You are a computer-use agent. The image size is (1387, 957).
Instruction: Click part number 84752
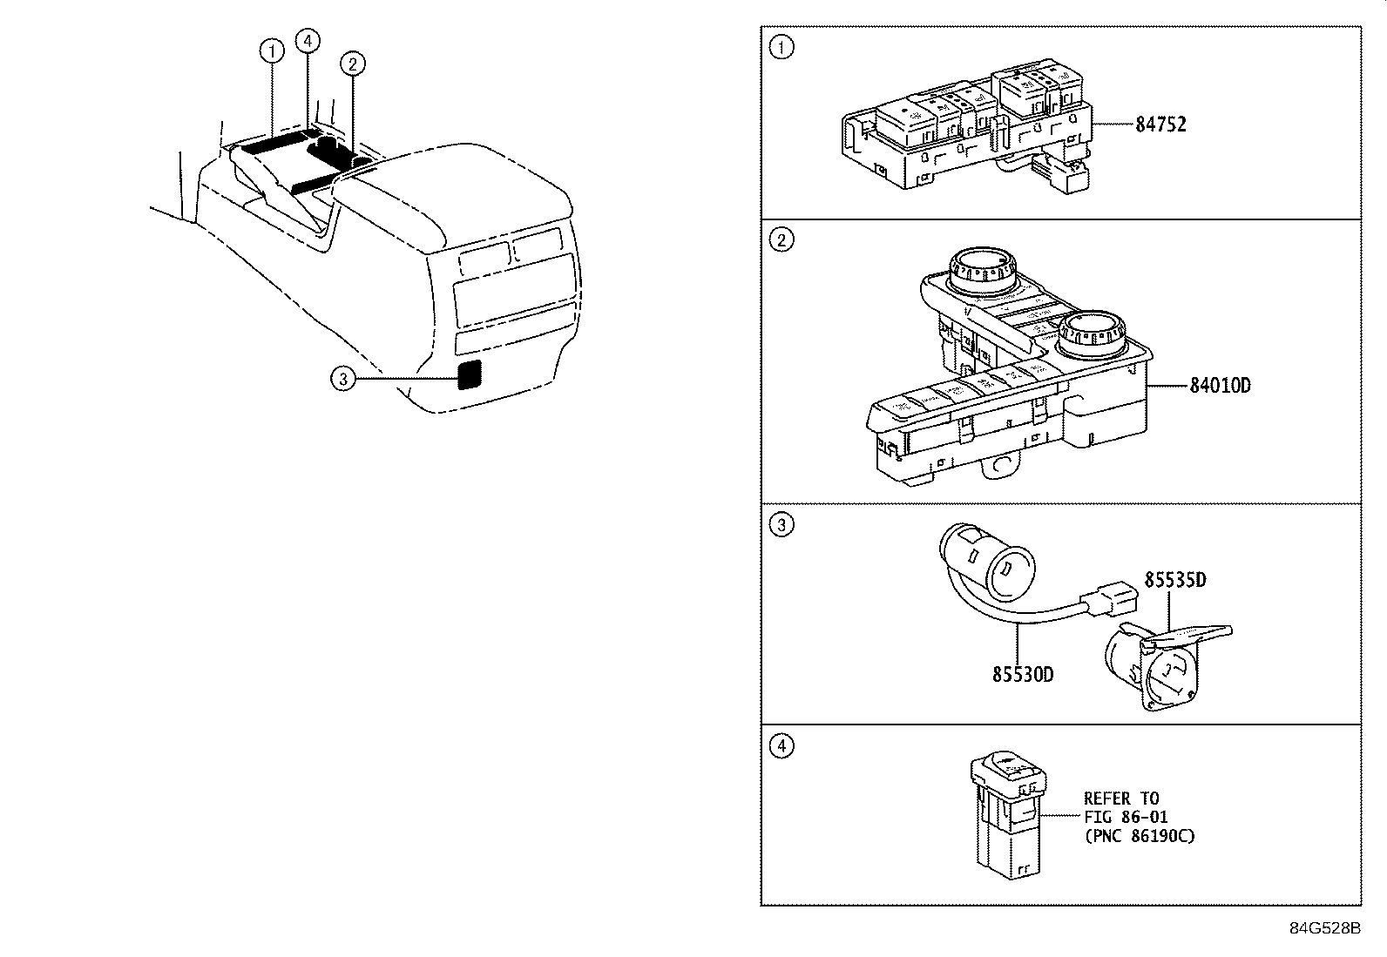coord(1160,125)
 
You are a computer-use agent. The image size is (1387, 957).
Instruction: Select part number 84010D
coord(1220,385)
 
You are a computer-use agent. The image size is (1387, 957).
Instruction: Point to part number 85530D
coord(1022,674)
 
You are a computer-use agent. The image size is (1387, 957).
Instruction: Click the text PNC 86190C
coord(1139,836)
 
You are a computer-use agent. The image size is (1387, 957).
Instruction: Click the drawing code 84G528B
coord(1324,927)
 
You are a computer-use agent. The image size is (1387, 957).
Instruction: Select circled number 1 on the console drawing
coord(273,52)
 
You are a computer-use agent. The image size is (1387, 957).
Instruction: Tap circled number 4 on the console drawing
coord(307,40)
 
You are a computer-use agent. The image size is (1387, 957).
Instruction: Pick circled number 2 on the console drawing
coord(352,63)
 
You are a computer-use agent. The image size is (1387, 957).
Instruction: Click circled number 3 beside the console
coord(343,378)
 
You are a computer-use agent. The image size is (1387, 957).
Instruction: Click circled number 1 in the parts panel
coord(782,48)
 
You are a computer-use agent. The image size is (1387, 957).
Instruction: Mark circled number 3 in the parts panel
coord(782,525)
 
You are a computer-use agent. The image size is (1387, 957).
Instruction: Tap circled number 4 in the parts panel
coord(782,746)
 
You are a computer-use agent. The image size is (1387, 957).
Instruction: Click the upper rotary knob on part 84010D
coord(981,269)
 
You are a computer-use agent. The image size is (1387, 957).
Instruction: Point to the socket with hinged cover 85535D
coord(1150,666)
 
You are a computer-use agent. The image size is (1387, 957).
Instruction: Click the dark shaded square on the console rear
coord(470,374)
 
